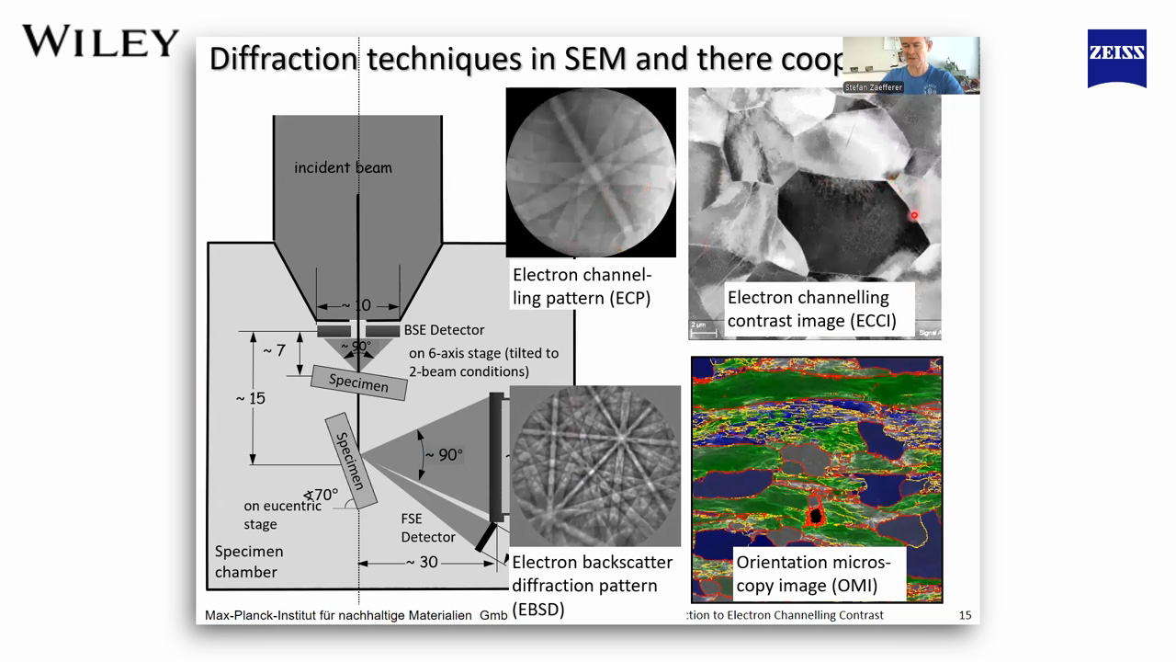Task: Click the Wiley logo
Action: [x=100, y=42]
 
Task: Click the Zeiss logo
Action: [x=1116, y=57]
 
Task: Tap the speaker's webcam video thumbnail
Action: [x=910, y=65]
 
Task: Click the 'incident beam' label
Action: [x=343, y=167]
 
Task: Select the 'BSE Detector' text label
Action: [x=444, y=330]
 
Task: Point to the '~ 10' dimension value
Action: [x=356, y=305]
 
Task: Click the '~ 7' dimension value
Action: [x=274, y=351]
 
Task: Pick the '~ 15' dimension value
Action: [x=250, y=398]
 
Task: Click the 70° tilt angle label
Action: [x=322, y=495]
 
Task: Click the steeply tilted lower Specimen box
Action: [x=350, y=461]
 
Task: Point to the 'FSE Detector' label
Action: [x=427, y=528]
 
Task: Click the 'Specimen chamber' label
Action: [x=248, y=562]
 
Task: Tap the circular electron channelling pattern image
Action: [x=591, y=172]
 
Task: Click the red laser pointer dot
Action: [x=913, y=216]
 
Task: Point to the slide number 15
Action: [x=965, y=615]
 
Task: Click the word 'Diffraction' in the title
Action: [x=282, y=59]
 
